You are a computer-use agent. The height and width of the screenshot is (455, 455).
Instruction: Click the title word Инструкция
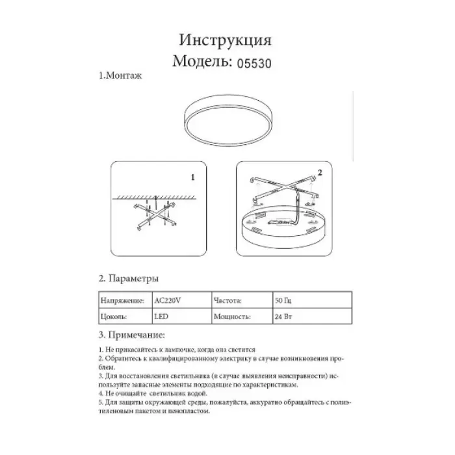tap(225, 40)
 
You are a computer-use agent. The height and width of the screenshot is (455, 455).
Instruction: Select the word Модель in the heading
tap(202, 62)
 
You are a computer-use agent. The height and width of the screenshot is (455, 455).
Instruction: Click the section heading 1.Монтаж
tap(120, 76)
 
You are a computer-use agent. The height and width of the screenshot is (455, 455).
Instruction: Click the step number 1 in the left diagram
tap(192, 176)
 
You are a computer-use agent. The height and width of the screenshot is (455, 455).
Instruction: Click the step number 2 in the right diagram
tap(320, 172)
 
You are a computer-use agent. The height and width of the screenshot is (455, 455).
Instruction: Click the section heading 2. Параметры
tap(129, 279)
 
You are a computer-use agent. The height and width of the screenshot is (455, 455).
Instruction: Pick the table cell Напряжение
tap(120, 302)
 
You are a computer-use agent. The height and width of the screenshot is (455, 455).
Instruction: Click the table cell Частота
tap(227, 302)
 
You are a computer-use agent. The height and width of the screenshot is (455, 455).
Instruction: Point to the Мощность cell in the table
tap(232, 317)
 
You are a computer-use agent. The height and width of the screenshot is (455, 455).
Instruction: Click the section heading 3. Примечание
tap(132, 335)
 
